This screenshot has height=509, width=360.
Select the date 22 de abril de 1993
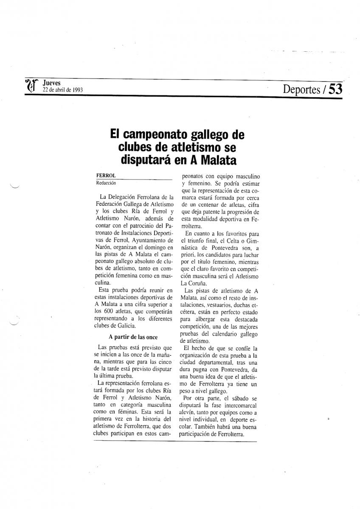click(x=62, y=90)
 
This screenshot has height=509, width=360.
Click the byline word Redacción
click(x=106, y=183)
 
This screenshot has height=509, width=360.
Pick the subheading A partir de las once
click(x=133, y=337)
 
